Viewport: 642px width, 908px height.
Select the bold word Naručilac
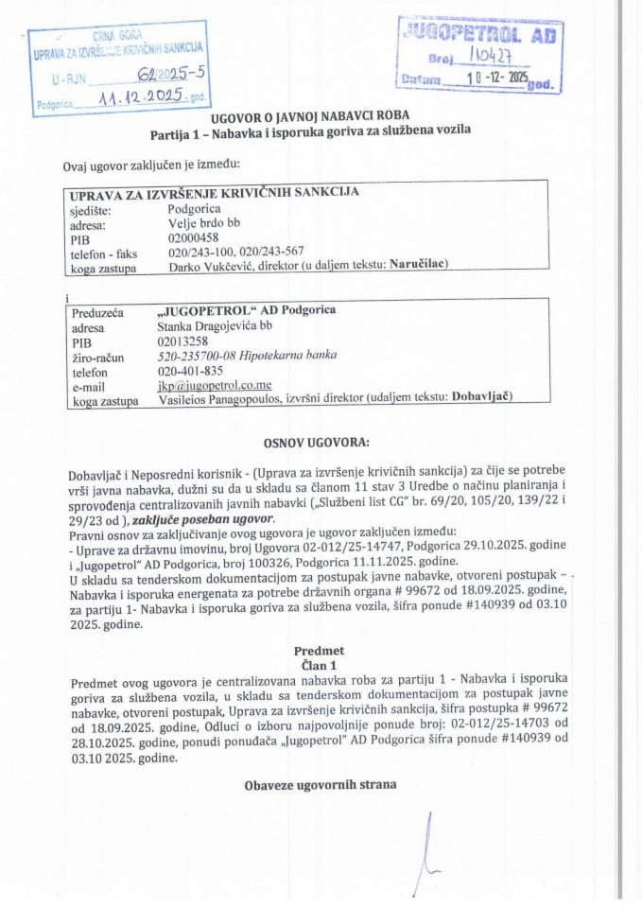[x=417, y=266]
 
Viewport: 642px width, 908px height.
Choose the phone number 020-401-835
[x=190, y=371]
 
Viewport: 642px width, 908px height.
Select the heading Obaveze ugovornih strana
[x=320, y=784]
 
